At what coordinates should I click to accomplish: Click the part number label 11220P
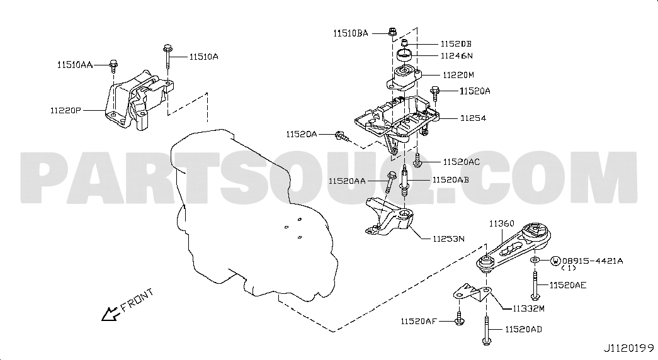(x=65, y=110)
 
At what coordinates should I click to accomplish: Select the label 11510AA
(x=75, y=65)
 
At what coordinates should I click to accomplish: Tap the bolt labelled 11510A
(x=167, y=57)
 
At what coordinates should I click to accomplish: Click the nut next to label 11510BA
(x=392, y=31)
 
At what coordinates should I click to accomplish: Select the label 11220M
(x=458, y=75)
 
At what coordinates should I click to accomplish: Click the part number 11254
(x=473, y=118)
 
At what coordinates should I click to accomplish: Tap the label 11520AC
(x=461, y=162)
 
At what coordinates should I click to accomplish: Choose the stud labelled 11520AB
(x=406, y=181)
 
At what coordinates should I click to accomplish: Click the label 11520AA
(x=346, y=181)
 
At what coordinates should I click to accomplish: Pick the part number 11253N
(x=448, y=239)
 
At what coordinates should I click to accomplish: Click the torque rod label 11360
(x=501, y=224)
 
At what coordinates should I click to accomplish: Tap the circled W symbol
(x=555, y=261)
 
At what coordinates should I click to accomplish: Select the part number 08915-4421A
(x=593, y=261)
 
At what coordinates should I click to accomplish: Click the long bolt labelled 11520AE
(x=535, y=285)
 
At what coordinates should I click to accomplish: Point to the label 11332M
(x=528, y=309)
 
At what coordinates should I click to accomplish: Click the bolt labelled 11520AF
(x=460, y=319)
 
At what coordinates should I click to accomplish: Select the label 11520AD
(x=523, y=330)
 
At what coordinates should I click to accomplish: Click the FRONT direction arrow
(x=110, y=313)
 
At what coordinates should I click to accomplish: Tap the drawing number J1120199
(x=628, y=348)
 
